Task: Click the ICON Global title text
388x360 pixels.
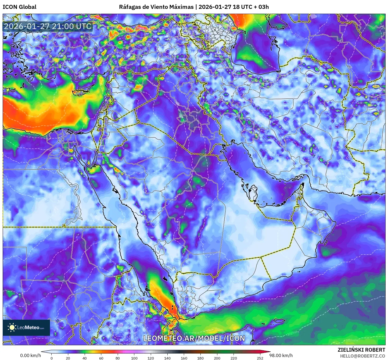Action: (x=19, y=7)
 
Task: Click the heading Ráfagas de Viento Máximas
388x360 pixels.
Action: (x=156, y=7)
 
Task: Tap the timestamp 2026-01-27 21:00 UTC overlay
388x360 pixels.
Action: (x=48, y=26)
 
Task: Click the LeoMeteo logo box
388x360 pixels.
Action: (x=26, y=327)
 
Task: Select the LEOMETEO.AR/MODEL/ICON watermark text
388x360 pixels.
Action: (x=194, y=338)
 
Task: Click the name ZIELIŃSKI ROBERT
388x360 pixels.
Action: (x=361, y=350)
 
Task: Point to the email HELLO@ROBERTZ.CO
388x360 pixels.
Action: (x=362, y=356)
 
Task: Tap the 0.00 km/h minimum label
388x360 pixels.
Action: (x=30, y=355)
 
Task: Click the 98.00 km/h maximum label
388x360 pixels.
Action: (x=281, y=355)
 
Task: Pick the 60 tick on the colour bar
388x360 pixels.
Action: (x=101, y=358)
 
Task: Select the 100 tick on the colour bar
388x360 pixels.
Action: (x=134, y=358)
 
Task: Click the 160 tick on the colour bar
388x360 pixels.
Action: (x=184, y=358)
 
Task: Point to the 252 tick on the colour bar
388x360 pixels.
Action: (x=260, y=358)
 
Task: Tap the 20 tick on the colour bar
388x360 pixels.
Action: (x=68, y=358)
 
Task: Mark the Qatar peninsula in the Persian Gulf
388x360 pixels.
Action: (x=253, y=193)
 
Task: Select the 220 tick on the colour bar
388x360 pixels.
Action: (x=233, y=358)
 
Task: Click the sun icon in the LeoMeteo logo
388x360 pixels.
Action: (x=12, y=327)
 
